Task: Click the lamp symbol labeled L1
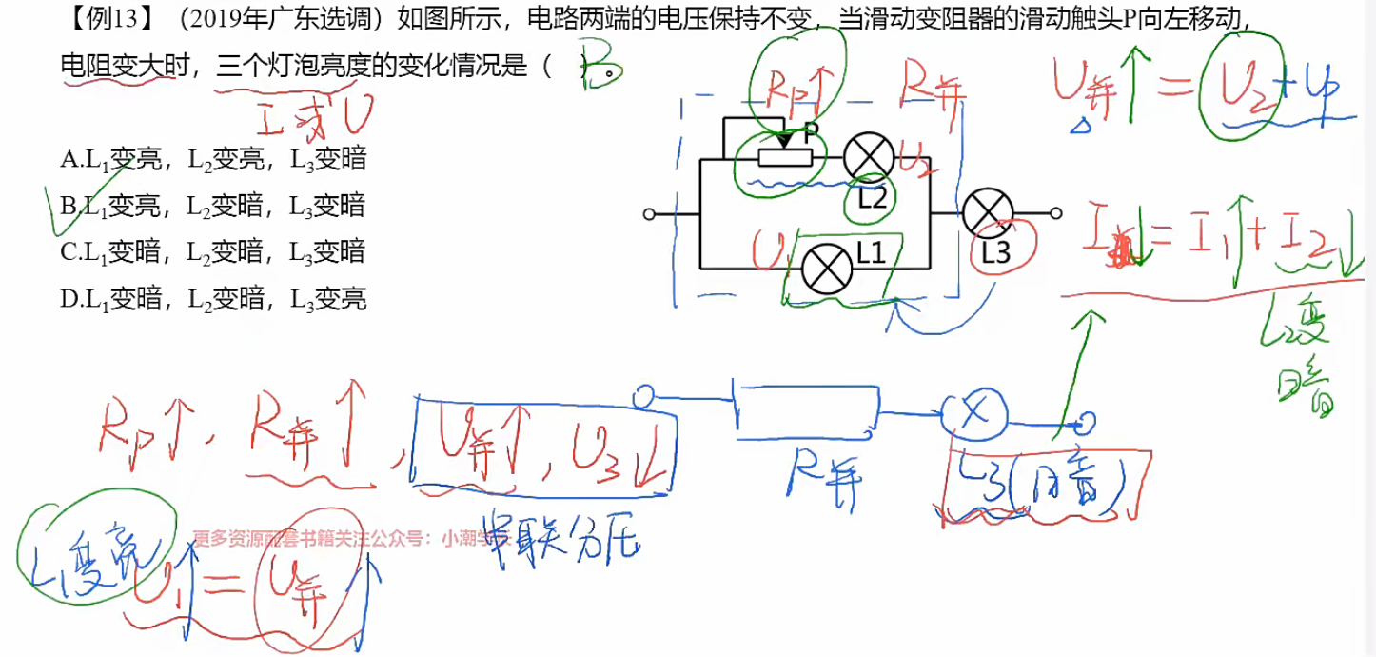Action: pos(825,269)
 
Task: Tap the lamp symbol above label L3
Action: pos(987,214)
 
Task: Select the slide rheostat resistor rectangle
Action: pos(787,158)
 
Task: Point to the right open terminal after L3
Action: pos(1054,214)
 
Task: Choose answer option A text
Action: pos(213,159)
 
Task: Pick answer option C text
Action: pos(213,252)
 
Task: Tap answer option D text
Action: pos(213,299)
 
